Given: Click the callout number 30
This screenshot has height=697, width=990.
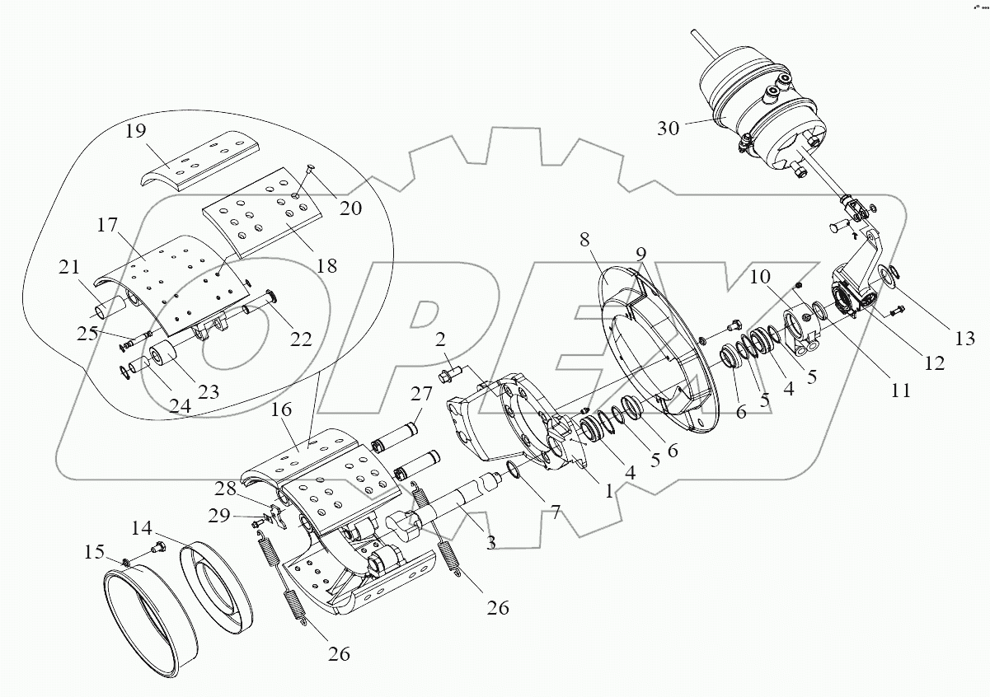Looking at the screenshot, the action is click(668, 129).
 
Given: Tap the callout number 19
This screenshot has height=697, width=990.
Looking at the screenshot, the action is click(135, 131).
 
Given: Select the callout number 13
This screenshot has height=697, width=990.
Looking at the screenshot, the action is click(964, 339).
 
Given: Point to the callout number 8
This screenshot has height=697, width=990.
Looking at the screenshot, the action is click(584, 240).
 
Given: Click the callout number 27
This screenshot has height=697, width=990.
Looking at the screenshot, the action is click(421, 394).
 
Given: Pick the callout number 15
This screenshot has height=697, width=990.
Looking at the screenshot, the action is click(94, 552).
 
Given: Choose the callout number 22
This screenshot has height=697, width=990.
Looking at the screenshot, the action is click(301, 339).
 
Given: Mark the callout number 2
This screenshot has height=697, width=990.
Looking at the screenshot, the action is click(439, 339).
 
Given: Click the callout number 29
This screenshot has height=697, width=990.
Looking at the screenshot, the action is click(219, 516).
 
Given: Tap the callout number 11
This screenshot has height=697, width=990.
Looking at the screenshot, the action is click(900, 391).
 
